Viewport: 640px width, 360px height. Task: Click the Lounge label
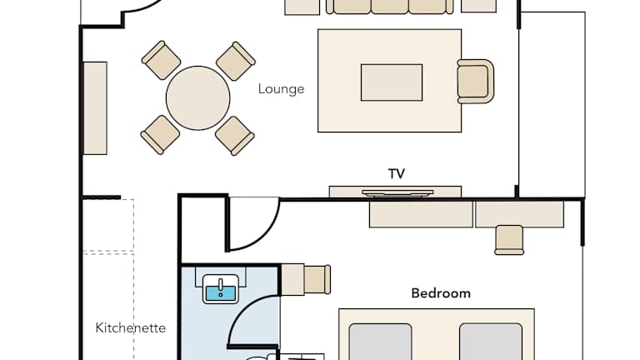[281, 89]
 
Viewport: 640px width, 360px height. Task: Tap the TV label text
[397, 174]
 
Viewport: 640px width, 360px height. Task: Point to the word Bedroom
[441, 293]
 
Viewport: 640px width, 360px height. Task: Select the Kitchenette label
[131, 327]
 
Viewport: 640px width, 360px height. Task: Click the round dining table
[198, 98]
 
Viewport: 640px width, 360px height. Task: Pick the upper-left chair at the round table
[161, 60]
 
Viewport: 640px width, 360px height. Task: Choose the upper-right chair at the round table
[236, 61]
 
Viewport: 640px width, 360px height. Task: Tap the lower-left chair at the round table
[160, 135]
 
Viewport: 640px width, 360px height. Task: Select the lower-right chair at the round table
[235, 136]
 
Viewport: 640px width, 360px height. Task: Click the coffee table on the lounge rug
[392, 82]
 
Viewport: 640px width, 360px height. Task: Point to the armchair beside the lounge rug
[476, 81]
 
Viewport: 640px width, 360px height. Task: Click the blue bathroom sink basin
[221, 293]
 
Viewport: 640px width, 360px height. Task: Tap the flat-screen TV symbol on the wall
[397, 192]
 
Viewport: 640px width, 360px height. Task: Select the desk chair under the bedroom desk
[509, 240]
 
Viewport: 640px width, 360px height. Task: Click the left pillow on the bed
[380, 342]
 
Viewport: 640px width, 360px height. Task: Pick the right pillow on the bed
[491, 342]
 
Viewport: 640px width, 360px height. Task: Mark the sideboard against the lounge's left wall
[95, 108]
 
